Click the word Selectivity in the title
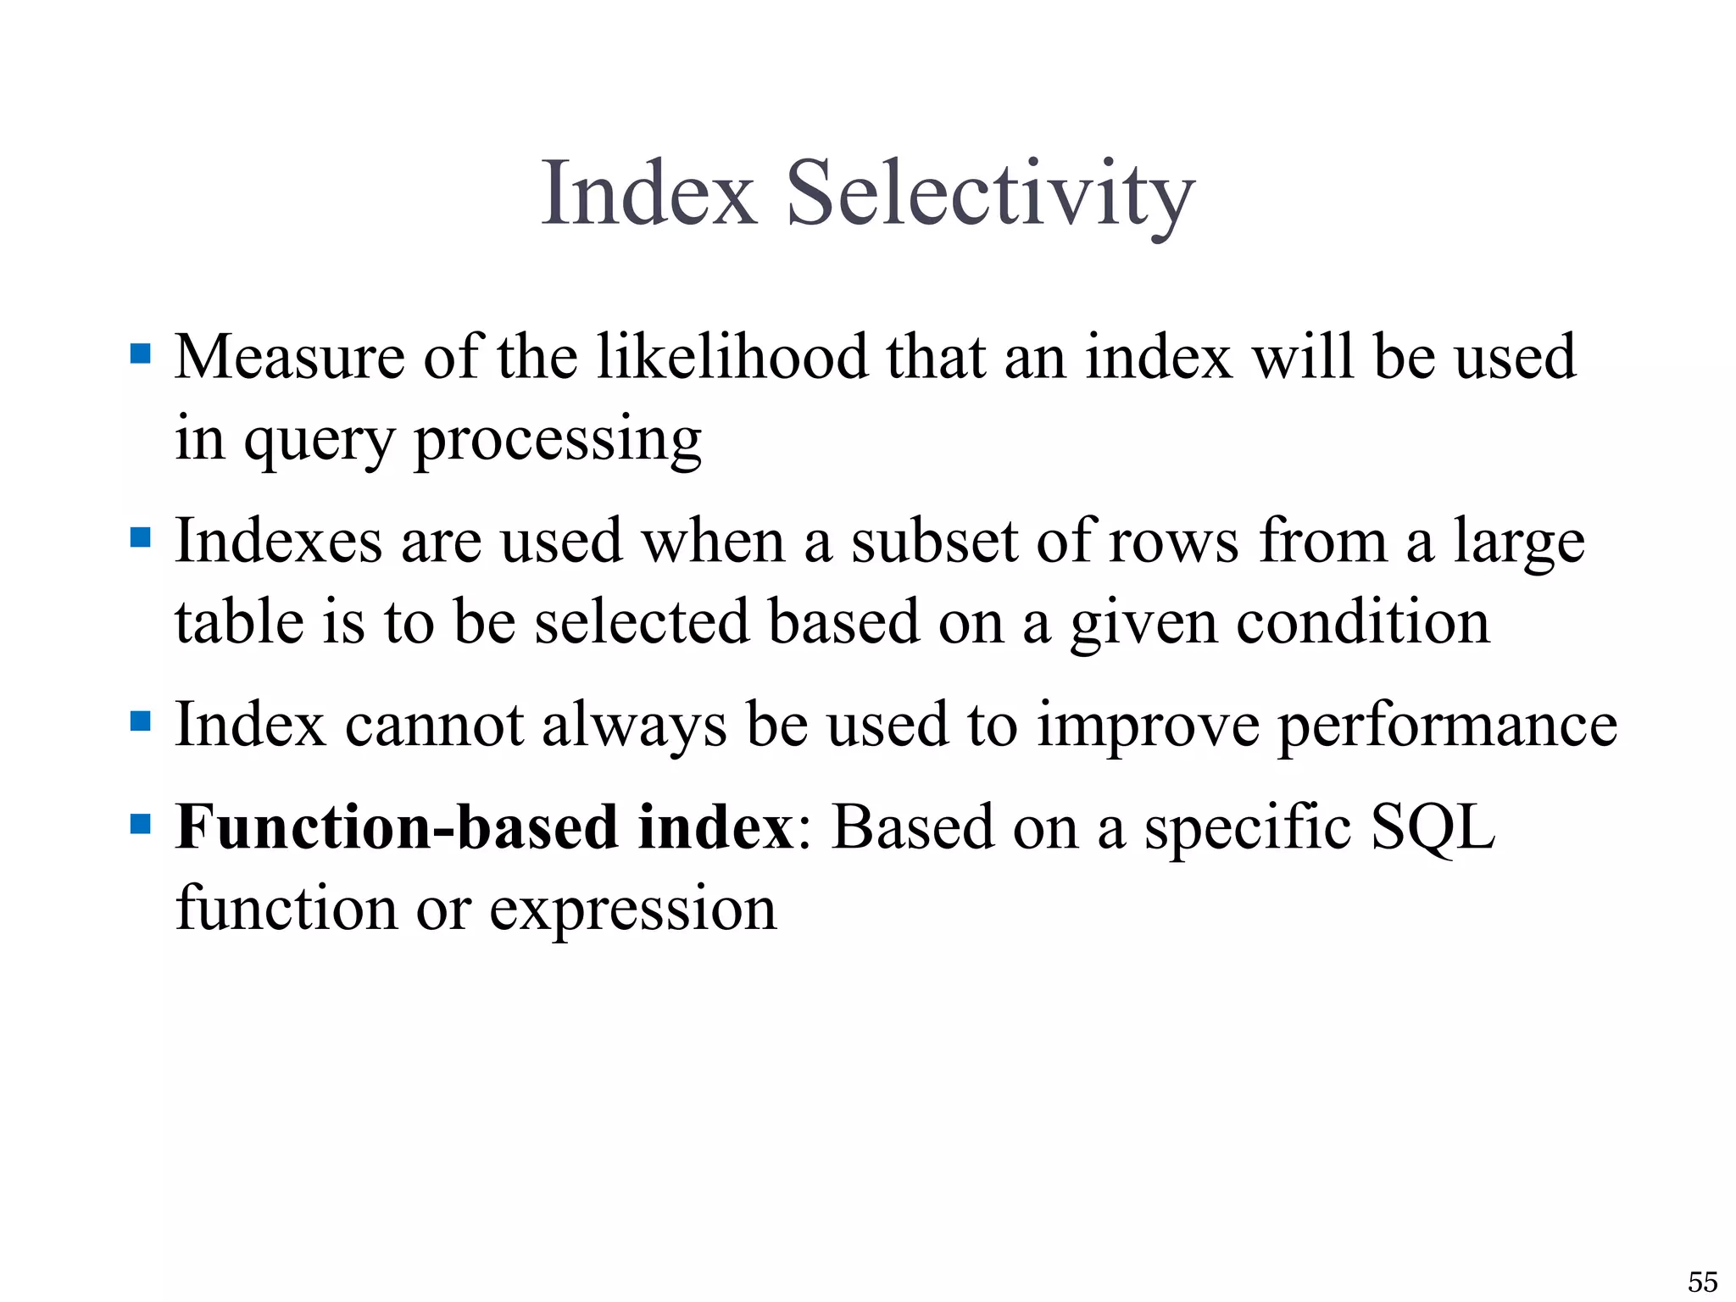(x=990, y=195)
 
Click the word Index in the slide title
(x=648, y=195)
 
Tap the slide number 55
(x=1702, y=1281)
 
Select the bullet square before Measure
(x=141, y=353)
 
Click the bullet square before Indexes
(x=141, y=537)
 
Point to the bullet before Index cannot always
(x=141, y=721)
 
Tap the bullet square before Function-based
(x=141, y=823)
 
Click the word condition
(x=1362, y=622)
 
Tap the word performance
(x=1447, y=726)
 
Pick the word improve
(x=1148, y=727)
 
